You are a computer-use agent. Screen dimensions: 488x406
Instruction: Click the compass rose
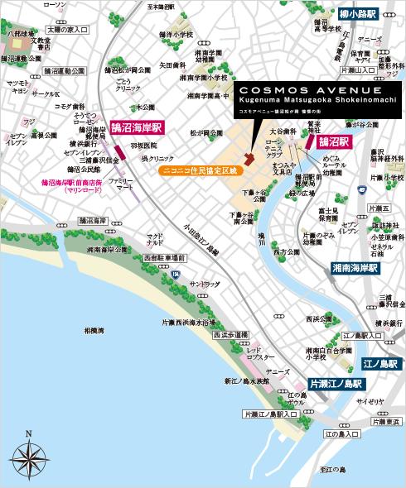tap(28, 454)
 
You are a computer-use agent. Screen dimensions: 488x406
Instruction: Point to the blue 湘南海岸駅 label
tap(354, 269)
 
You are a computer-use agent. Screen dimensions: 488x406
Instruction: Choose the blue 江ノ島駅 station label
tap(380, 363)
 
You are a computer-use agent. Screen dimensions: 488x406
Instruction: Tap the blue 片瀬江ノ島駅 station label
tap(336, 384)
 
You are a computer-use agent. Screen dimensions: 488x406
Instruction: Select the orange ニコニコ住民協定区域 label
tap(198, 170)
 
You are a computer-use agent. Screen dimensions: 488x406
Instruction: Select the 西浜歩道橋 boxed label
tap(230, 335)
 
